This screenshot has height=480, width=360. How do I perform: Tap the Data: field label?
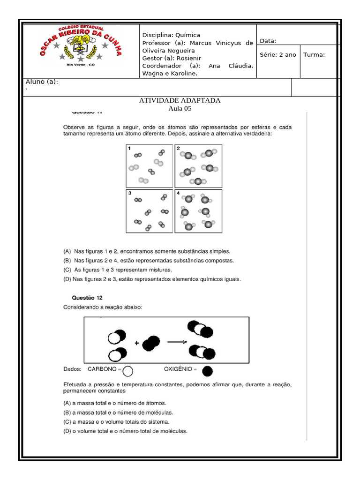tap(268, 41)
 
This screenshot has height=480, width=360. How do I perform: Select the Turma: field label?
tap(314, 55)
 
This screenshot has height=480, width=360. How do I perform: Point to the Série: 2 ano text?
tap(278, 55)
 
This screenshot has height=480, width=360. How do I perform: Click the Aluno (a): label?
tap(42, 82)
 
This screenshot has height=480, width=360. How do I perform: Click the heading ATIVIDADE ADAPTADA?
tap(180, 100)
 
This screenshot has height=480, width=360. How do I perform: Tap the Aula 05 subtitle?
tap(180, 108)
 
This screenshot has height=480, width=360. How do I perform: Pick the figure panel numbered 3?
tap(149, 211)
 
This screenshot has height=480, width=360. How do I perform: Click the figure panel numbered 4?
tap(198, 211)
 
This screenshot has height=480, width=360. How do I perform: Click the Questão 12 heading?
tap(87, 298)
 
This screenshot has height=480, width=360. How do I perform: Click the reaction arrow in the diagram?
tap(177, 342)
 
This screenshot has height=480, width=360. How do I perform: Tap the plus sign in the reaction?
tap(137, 343)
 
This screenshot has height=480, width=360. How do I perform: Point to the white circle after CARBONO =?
tap(127, 371)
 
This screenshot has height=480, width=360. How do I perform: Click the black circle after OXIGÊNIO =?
tap(207, 371)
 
